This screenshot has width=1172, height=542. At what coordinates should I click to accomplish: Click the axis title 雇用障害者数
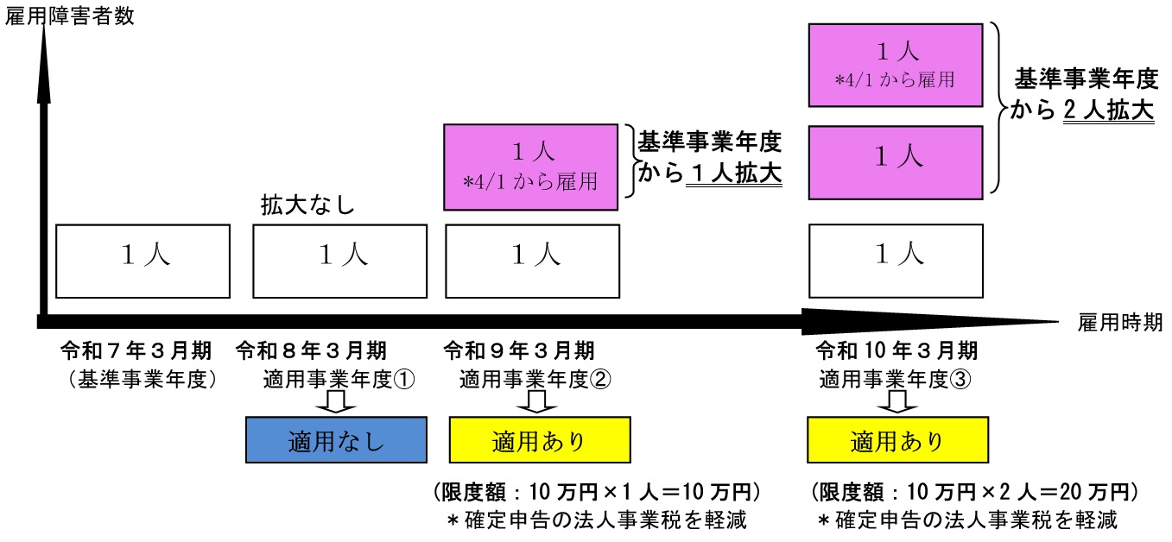68,16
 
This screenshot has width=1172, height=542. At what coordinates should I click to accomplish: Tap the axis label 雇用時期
1120,323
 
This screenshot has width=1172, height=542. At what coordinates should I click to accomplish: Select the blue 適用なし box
336,440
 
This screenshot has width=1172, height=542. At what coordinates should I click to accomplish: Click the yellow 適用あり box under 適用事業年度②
540,440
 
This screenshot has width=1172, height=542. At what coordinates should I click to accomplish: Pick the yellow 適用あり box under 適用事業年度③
897,440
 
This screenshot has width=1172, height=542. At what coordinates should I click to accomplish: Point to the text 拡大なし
308,207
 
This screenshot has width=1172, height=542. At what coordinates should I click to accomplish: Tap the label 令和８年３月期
312,352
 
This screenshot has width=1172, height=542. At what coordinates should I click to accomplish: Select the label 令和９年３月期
518,352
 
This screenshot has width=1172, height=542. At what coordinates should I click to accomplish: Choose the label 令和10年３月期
896,352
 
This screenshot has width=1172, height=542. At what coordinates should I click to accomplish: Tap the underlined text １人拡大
733,174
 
